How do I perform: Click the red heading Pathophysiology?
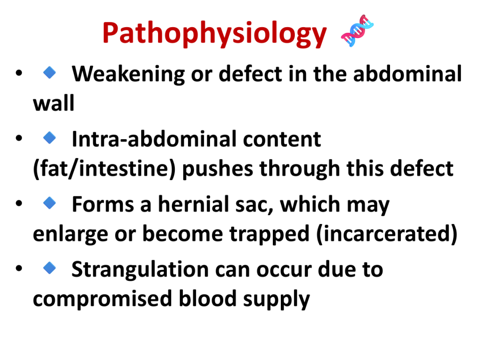(x=215, y=34)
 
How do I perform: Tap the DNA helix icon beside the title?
(x=357, y=30)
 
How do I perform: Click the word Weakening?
(x=128, y=75)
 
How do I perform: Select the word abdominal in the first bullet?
(x=407, y=74)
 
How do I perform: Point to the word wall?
(x=53, y=103)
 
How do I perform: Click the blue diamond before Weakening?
(x=50, y=73)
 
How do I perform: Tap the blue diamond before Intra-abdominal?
(x=50, y=138)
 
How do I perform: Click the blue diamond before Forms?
(x=50, y=202)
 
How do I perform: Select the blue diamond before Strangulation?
(x=50, y=268)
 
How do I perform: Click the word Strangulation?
(x=140, y=270)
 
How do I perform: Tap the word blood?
(x=208, y=299)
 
